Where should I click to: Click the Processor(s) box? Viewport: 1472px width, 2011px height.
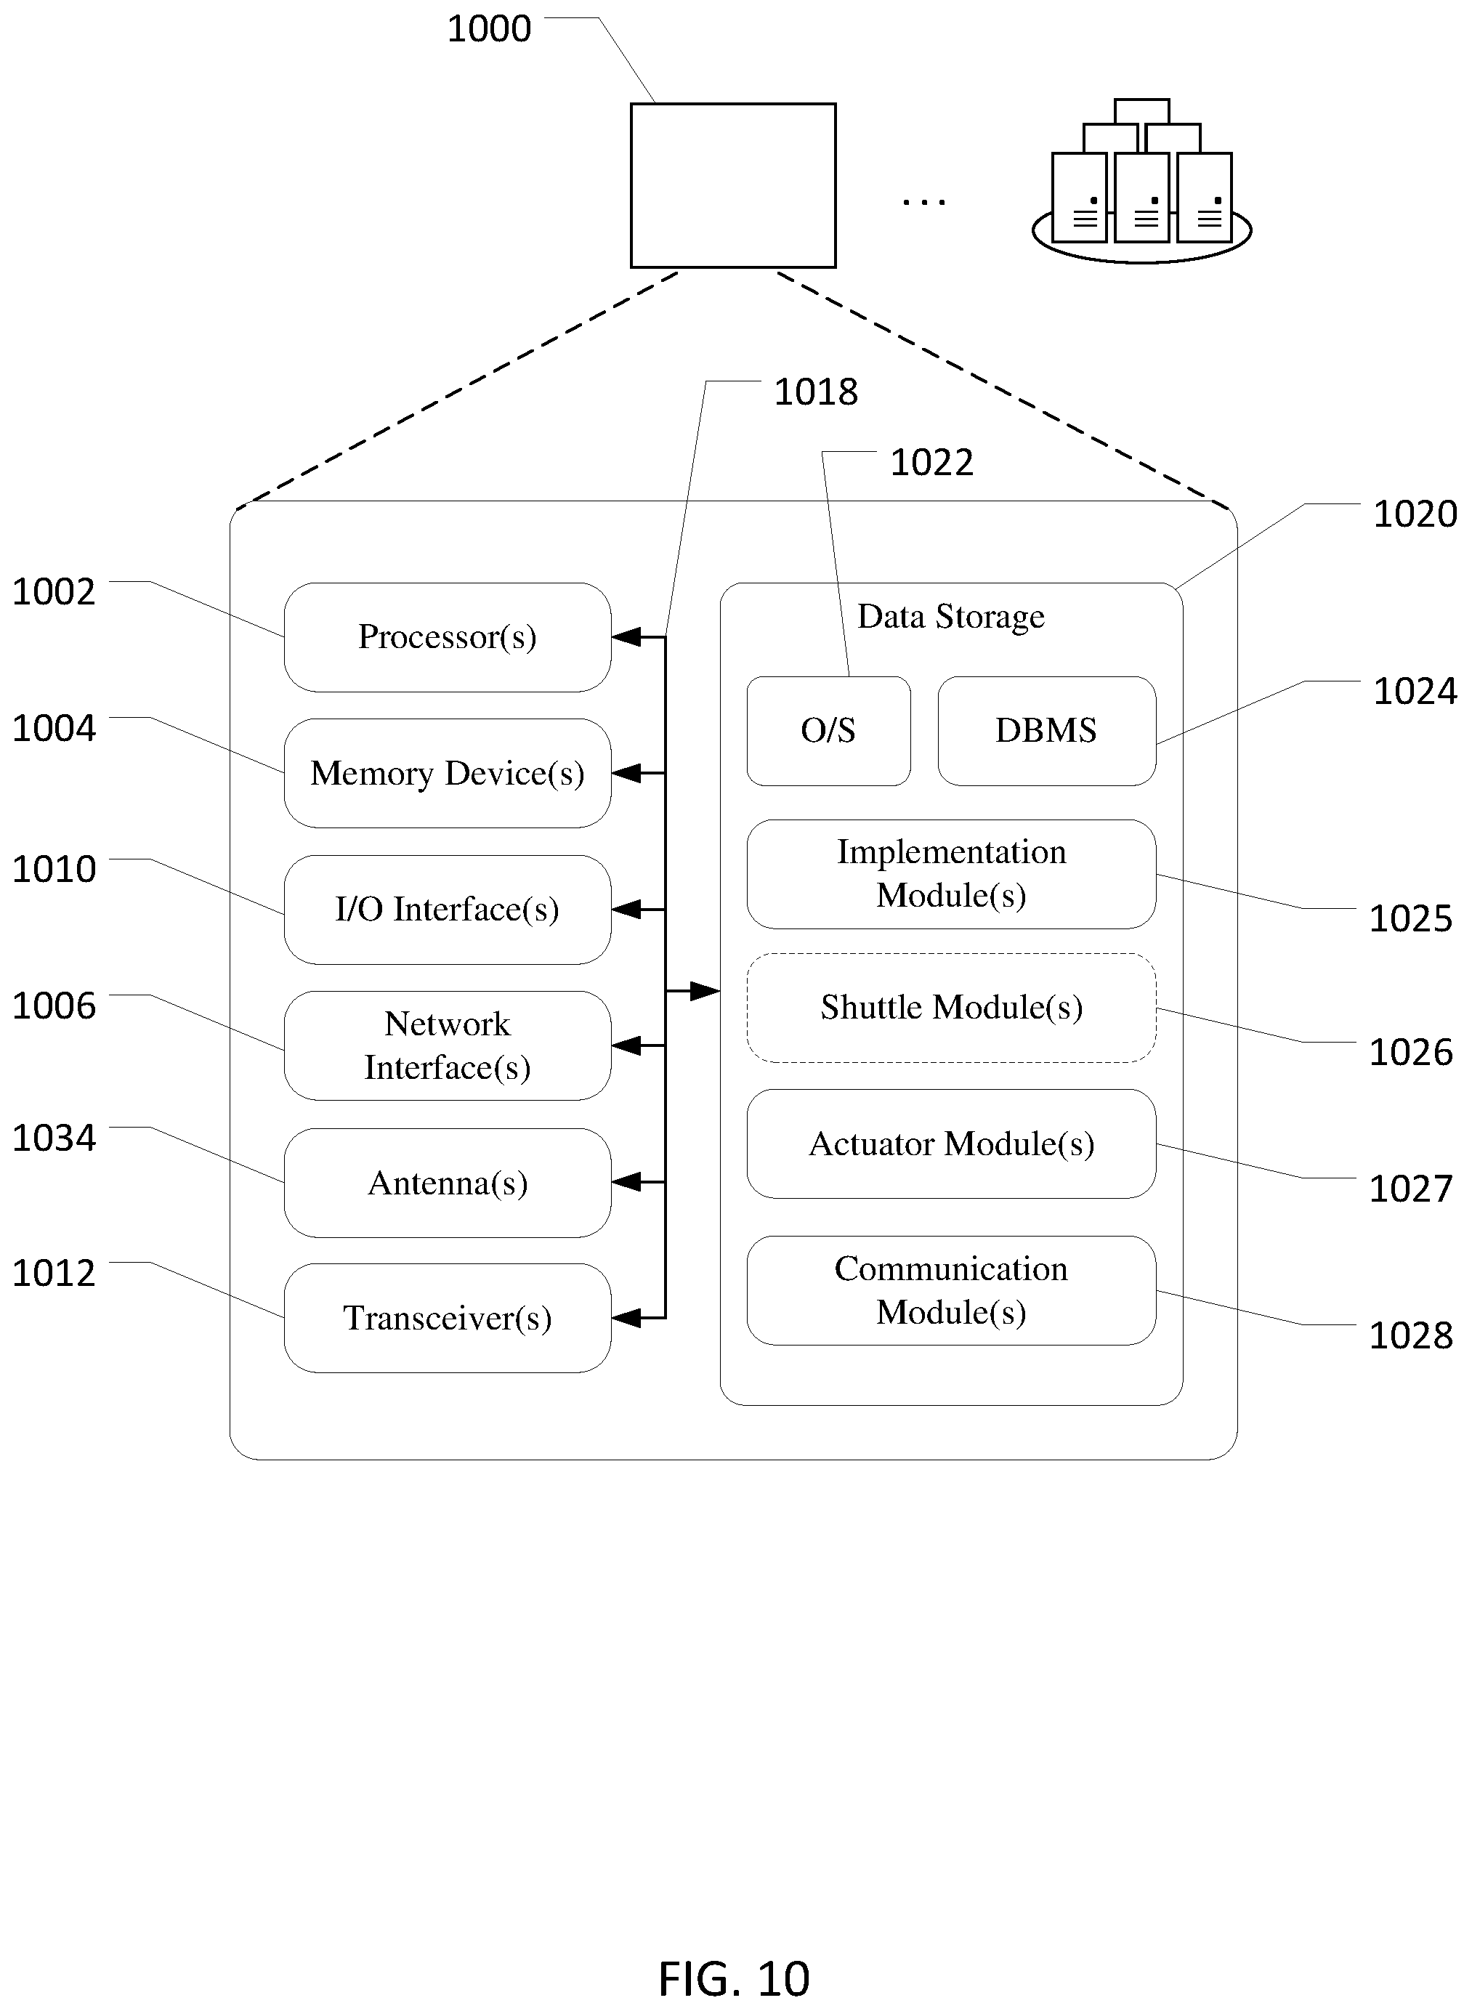(x=448, y=637)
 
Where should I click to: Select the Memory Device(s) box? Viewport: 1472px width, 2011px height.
(x=448, y=774)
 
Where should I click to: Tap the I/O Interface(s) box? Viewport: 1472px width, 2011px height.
(x=448, y=910)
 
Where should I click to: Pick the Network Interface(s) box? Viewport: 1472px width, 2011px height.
(x=448, y=1046)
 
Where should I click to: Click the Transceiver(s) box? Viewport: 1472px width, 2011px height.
(x=448, y=1319)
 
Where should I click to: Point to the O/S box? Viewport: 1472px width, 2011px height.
(x=829, y=732)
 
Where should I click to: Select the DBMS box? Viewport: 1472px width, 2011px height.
(x=1047, y=732)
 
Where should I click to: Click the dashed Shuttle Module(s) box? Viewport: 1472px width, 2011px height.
(x=952, y=1008)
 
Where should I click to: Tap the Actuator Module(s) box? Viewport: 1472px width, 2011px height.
(x=952, y=1144)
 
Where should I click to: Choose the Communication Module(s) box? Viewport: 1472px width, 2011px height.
(x=952, y=1291)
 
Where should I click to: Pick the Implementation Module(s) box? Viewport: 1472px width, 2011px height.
(x=952, y=875)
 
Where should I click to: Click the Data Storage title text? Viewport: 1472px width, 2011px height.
(x=951, y=617)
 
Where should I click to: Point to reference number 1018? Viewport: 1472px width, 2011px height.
(x=815, y=392)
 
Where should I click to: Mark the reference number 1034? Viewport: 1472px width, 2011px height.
(x=54, y=1138)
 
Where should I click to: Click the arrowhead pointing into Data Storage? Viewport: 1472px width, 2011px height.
(x=705, y=991)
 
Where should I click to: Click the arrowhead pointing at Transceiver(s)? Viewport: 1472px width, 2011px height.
(x=626, y=1319)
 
